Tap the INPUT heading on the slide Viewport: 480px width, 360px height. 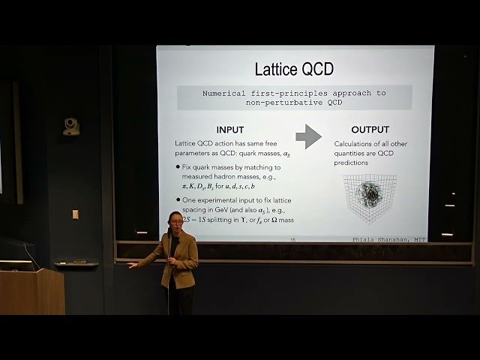(x=229, y=130)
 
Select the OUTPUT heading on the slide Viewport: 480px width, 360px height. (x=370, y=130)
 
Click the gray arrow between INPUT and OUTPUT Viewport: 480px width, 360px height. (x=307, y=136)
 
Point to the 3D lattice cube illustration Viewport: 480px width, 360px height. (x=370, y=198)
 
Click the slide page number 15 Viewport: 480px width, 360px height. (x=292, y=238)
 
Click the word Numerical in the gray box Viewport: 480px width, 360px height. (x=228, y=93)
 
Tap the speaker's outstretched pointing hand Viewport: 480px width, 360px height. (x=133, y=264)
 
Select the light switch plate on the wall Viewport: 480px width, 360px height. (x=75, y=214)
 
